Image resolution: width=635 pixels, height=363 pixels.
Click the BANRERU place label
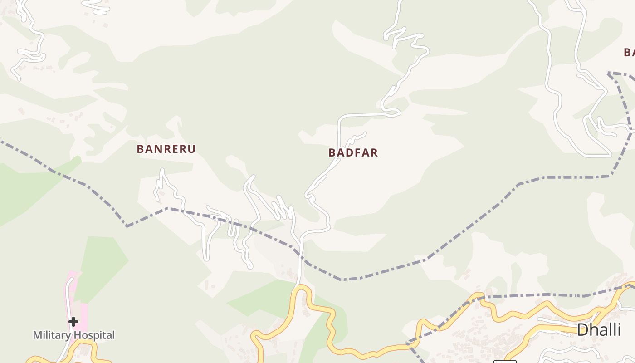(x=166, y=149)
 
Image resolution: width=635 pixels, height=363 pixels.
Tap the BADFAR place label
(x=353, y=152)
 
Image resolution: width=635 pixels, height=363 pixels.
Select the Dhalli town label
(x=598, y=330)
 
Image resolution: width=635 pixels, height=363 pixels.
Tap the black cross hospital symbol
(x=73, y=322)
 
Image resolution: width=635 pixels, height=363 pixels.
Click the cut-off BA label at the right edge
(x=629, y=52)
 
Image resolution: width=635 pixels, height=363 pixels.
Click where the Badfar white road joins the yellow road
(x=300, y=287)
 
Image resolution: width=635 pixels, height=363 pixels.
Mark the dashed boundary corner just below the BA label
(x=609, y=73)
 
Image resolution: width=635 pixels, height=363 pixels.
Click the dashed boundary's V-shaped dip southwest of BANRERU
(x=127, y=226)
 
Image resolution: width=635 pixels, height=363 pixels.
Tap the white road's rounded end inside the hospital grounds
(x=70, y=280)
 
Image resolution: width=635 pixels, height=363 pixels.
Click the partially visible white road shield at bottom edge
(x=505, y=361)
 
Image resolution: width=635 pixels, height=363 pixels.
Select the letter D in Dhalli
(x=582, y=330)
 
